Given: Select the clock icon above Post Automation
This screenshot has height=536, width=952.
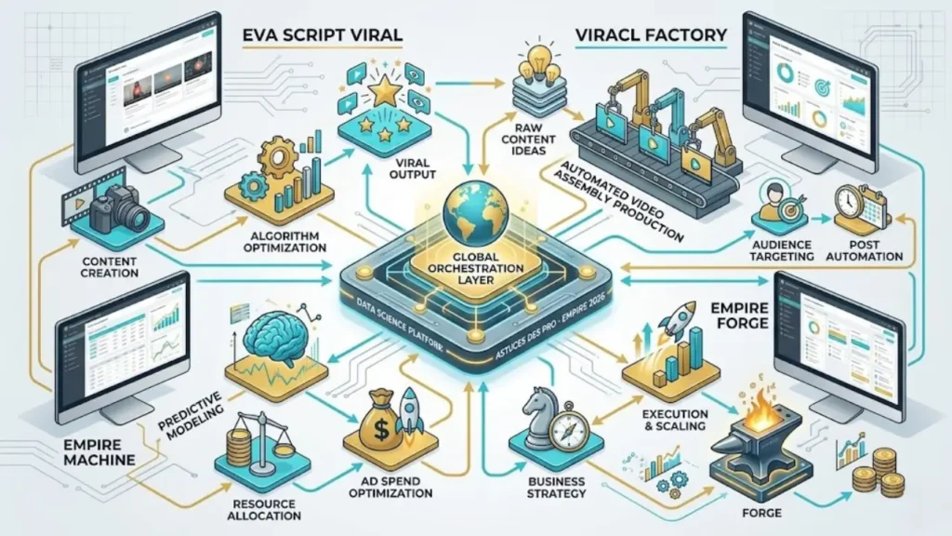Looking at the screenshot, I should tap(848, 204).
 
